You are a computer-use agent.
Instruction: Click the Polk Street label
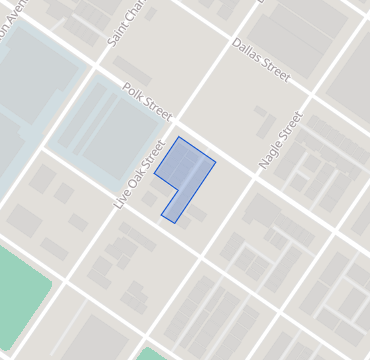coord(146,101)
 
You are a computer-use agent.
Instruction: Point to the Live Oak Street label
coord(139,174)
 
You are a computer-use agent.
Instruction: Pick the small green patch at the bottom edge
coord(150,354)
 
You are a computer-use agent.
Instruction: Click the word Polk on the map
coord(130,91)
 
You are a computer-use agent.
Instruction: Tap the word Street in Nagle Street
coord(290,124)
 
